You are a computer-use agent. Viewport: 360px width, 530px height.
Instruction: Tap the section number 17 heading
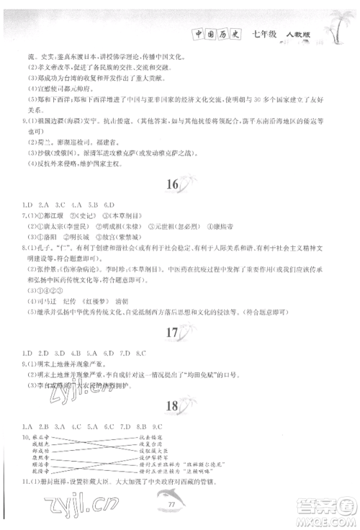tap(171, 333)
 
